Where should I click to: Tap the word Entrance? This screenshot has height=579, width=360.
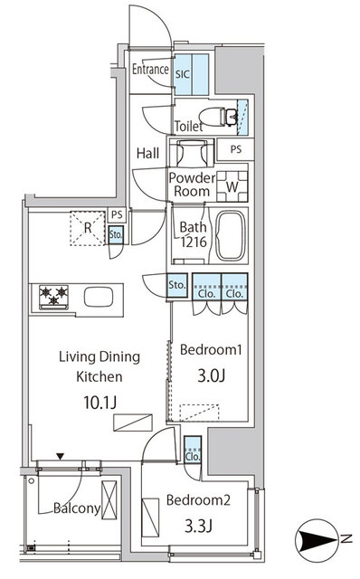click(151, 69)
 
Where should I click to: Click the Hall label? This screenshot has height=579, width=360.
click(147, 153)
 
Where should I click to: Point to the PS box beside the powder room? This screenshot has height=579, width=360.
click(236, 150)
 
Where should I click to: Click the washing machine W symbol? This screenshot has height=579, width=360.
click(232, 186)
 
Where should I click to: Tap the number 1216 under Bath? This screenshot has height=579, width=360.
click(191, 244)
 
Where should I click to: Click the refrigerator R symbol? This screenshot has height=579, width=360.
click(87, 229)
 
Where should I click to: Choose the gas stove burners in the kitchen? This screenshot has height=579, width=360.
click(53, 296)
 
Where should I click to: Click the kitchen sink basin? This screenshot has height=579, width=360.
click(98, 296)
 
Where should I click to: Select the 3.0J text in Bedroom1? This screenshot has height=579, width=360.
click(210, 374)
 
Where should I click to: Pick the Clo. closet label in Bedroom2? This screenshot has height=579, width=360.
click(193, 457)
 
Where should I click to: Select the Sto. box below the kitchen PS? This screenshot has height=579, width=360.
click(116, 235)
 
